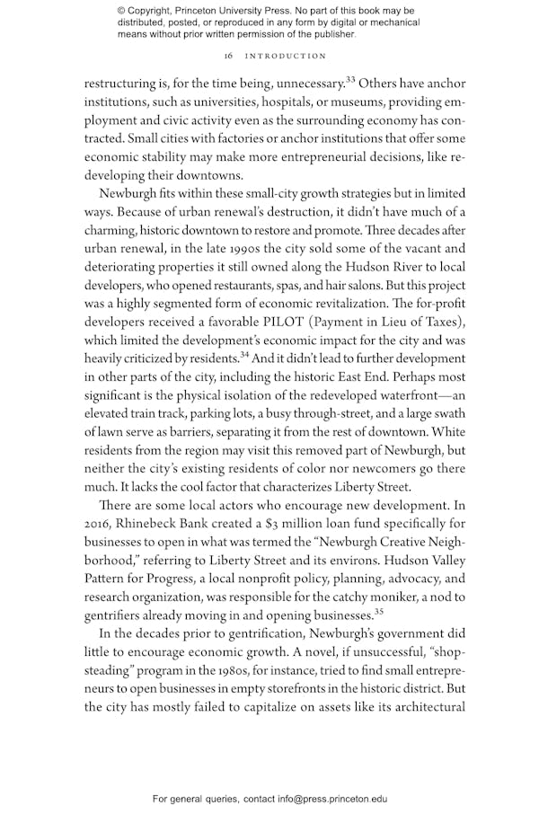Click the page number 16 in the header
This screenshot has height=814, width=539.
pyautogui.click(x=228, y=56)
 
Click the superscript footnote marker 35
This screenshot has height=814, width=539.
pyautogui.click(x=378, y=612)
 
